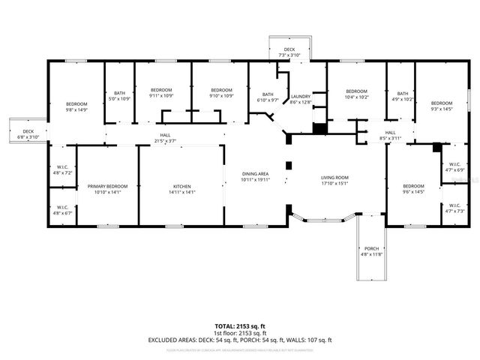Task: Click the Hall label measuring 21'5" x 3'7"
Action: point(164,138)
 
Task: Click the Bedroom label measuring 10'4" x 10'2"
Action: point(356,94)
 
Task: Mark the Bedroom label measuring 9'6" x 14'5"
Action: point(414,189)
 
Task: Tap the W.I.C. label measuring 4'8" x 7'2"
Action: point(62,169)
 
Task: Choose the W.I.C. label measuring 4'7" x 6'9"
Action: point(455,167)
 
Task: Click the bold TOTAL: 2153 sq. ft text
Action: point(240,326)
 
